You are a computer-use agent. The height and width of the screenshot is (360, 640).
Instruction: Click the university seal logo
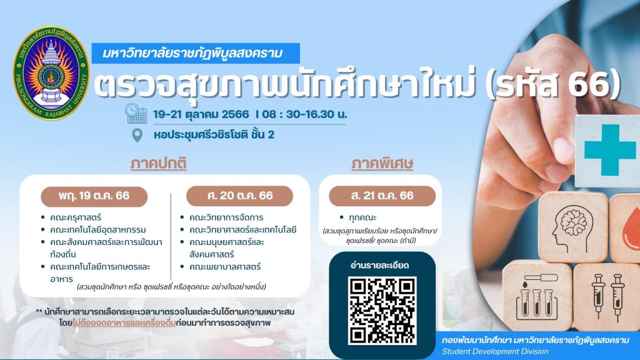point(51,73)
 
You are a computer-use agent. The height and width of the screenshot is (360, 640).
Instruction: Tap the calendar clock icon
point(136,114)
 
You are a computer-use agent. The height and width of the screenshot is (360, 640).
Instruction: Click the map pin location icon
point(137,135)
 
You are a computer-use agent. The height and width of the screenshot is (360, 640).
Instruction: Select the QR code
point(382,310)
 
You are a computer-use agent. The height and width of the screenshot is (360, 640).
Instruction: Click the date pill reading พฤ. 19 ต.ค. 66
point(94,196)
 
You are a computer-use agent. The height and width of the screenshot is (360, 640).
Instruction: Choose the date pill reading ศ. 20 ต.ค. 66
point(239,196)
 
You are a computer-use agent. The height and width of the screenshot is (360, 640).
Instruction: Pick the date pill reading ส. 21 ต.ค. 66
point(382,196)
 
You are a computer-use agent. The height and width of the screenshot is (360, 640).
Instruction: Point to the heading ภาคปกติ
point(158,164)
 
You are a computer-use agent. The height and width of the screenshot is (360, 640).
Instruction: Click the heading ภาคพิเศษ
point(382,164)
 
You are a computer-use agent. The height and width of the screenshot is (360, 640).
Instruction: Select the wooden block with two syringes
point(607,296)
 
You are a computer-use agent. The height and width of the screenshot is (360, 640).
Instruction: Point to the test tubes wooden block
point(537,296)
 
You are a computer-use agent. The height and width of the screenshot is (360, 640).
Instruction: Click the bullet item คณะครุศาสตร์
point(76,217)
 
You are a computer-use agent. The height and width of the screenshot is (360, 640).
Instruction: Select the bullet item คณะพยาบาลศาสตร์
point(225,267)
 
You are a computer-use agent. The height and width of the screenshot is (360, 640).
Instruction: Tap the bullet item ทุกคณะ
point(362,217)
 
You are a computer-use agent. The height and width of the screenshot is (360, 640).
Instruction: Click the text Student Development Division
point(495,351)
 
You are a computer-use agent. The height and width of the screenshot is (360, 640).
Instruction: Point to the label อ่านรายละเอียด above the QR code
point(379,265)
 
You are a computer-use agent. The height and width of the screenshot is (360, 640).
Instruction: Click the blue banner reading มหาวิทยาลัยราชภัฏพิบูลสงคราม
point(196,53)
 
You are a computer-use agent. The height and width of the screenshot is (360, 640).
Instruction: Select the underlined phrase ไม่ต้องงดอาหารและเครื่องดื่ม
point(124,323)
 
